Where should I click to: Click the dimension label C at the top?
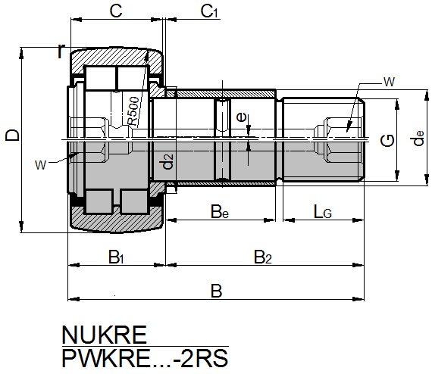click(116, 11)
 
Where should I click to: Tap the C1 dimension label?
click(209, 11)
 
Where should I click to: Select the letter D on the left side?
click(13, 135)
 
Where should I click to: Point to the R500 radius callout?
click(133, 111)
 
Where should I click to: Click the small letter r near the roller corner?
click(61, 51)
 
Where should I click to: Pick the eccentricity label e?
click(241, 117)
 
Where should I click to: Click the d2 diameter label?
click(167, 161)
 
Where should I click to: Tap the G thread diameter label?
click(387, 141)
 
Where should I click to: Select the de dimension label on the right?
click(417, 138)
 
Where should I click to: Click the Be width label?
click(220, 212)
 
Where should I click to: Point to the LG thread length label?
click(323, 212)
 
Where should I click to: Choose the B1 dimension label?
click(116, 257)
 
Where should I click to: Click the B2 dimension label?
click(262, 257)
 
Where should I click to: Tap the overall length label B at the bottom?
click(216, 291)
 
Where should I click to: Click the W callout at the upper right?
click(389, 82)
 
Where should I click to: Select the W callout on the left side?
click(40, 165)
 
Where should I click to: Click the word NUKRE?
click(104, 335)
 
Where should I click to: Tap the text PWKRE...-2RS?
click(145, 358)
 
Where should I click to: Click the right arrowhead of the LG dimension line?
click(358, 220)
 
